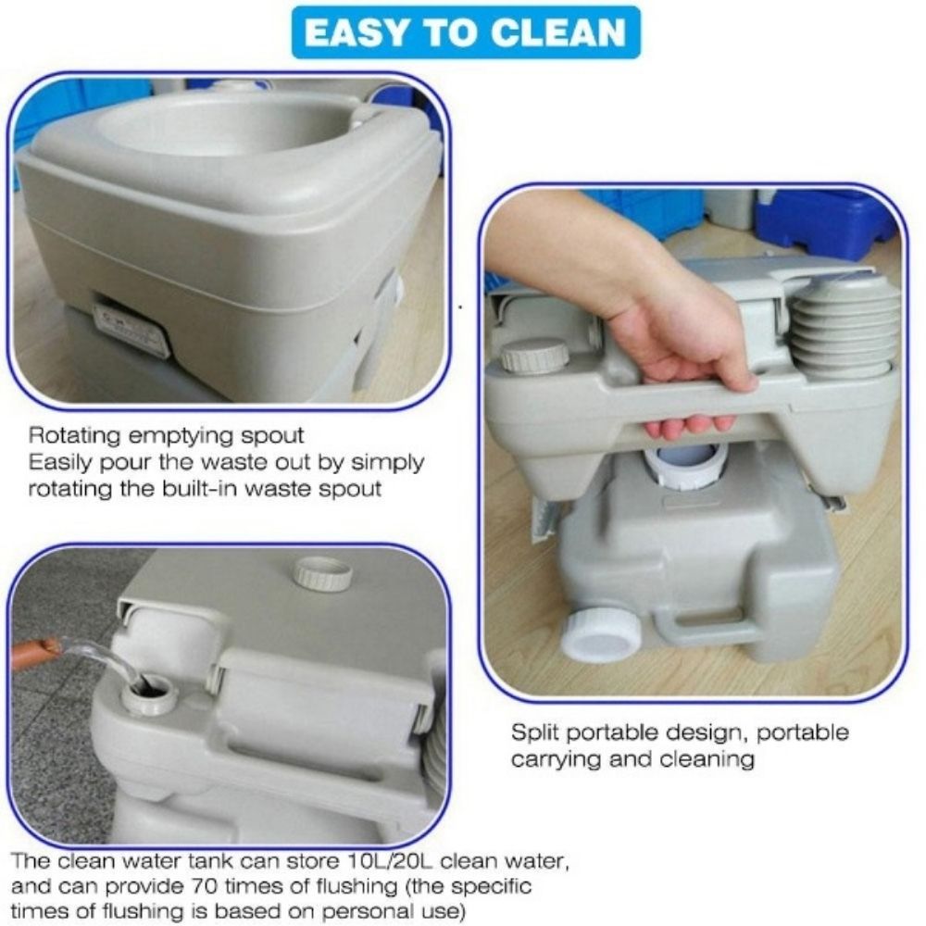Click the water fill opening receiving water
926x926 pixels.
[x=148, y=690]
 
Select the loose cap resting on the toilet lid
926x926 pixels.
[x=322, y=574]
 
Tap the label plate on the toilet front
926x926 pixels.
[x=131, y=327]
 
